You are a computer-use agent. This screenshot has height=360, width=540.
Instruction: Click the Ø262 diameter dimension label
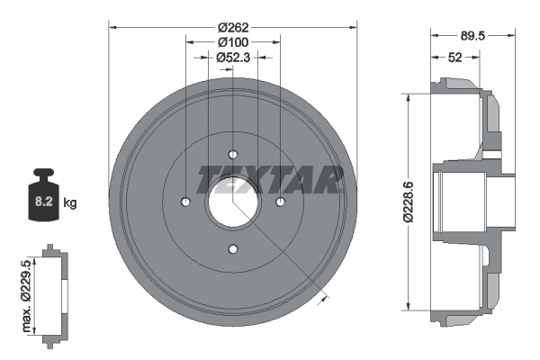[x=233, y=27]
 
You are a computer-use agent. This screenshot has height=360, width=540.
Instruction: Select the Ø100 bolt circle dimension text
[x=233, y=41]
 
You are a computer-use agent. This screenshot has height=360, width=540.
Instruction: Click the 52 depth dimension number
[x=456, y=57]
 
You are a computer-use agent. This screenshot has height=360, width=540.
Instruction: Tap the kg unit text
[x=71, y=203]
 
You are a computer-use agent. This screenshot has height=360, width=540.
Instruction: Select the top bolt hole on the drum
[x=232, y=153]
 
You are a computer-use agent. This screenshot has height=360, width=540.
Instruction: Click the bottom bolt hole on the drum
[x=232, y=248]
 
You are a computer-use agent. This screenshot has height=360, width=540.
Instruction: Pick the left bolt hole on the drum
[x=185, y=201]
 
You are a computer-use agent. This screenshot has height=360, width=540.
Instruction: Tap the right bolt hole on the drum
[x=280, y=201]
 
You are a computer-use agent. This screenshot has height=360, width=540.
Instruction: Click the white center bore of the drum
[x=232, y=201]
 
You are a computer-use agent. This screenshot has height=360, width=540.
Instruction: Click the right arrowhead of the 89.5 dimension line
[x=515, y=36]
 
